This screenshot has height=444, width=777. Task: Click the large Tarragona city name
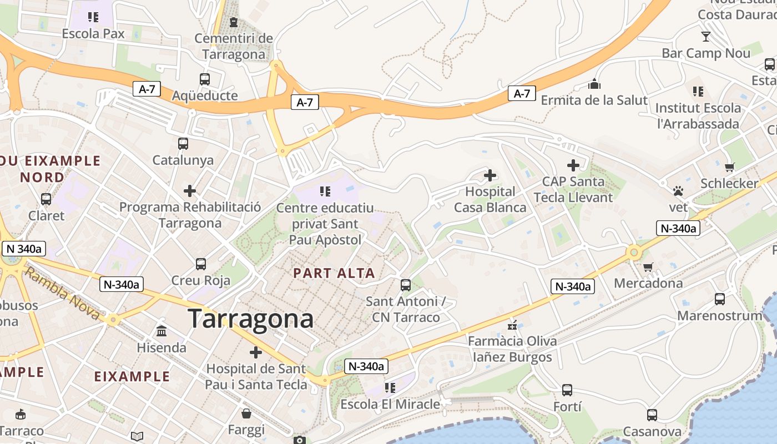[x=250, y=319]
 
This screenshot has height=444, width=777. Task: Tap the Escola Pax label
[x=93, y=33]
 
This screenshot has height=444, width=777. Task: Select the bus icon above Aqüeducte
[x=205, y=79]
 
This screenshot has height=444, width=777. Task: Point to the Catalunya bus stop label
[x=183, y=160]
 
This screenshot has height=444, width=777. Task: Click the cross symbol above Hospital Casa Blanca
[x=490, y=176]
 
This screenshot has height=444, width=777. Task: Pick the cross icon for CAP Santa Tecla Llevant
[x=573, y=165]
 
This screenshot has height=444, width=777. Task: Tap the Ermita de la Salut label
[x=594, y=100]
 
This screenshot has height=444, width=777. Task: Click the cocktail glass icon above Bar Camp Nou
[x=706, y=37]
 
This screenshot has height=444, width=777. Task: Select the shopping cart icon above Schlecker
[x=729, y=167]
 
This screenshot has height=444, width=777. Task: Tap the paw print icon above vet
[x=678, y=191]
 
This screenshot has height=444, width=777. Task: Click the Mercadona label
[x=648, y=283]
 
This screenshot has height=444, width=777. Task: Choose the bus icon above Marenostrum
[x=720, y=299]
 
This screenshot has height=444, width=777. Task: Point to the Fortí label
[x=567, y=407]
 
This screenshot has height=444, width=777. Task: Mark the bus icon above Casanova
[x=652, y=415]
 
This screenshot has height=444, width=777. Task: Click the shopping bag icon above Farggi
[x=246, y=413]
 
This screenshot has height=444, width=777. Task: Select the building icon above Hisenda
[x=162, y=331]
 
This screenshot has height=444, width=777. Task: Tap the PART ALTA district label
[x=334, y=273]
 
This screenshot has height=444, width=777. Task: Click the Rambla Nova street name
[x=62, y=294]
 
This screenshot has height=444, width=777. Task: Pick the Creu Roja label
[x=201, y=280]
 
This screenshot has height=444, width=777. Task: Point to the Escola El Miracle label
[x=390, y=404]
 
